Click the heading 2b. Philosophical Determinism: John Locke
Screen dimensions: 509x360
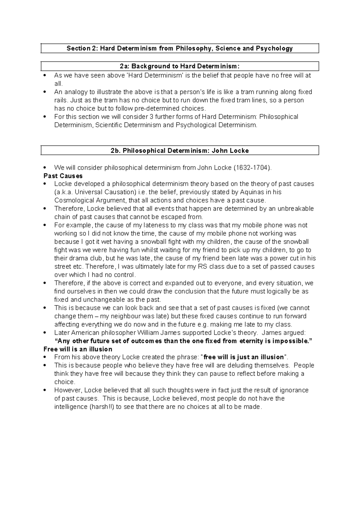[x=180, y=151]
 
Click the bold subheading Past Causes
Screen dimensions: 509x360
[x=63, y=176]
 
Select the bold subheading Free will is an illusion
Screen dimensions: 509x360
[x=78, y=349]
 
